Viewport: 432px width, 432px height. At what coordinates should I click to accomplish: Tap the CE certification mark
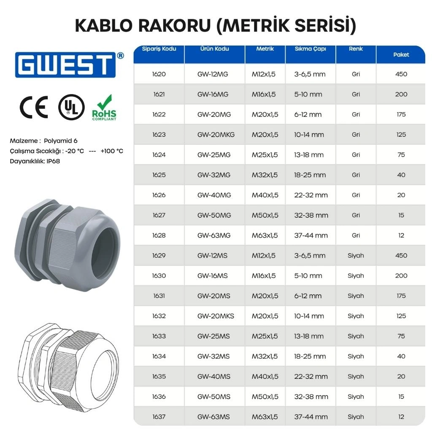(34, 107)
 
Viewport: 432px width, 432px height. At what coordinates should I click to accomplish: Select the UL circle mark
(71, 107)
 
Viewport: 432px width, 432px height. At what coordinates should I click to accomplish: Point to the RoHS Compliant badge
(104, 108)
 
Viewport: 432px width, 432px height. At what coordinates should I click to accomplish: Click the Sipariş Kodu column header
(159, 49)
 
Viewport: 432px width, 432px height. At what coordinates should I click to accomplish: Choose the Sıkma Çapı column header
(310, 49)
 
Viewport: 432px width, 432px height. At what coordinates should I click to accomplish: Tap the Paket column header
(401, 54)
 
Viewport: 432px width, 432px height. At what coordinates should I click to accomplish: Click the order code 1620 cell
(159, 74)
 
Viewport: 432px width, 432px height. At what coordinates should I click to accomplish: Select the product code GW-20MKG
(216, 135)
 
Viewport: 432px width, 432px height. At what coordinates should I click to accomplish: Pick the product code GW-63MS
(213, 417)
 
